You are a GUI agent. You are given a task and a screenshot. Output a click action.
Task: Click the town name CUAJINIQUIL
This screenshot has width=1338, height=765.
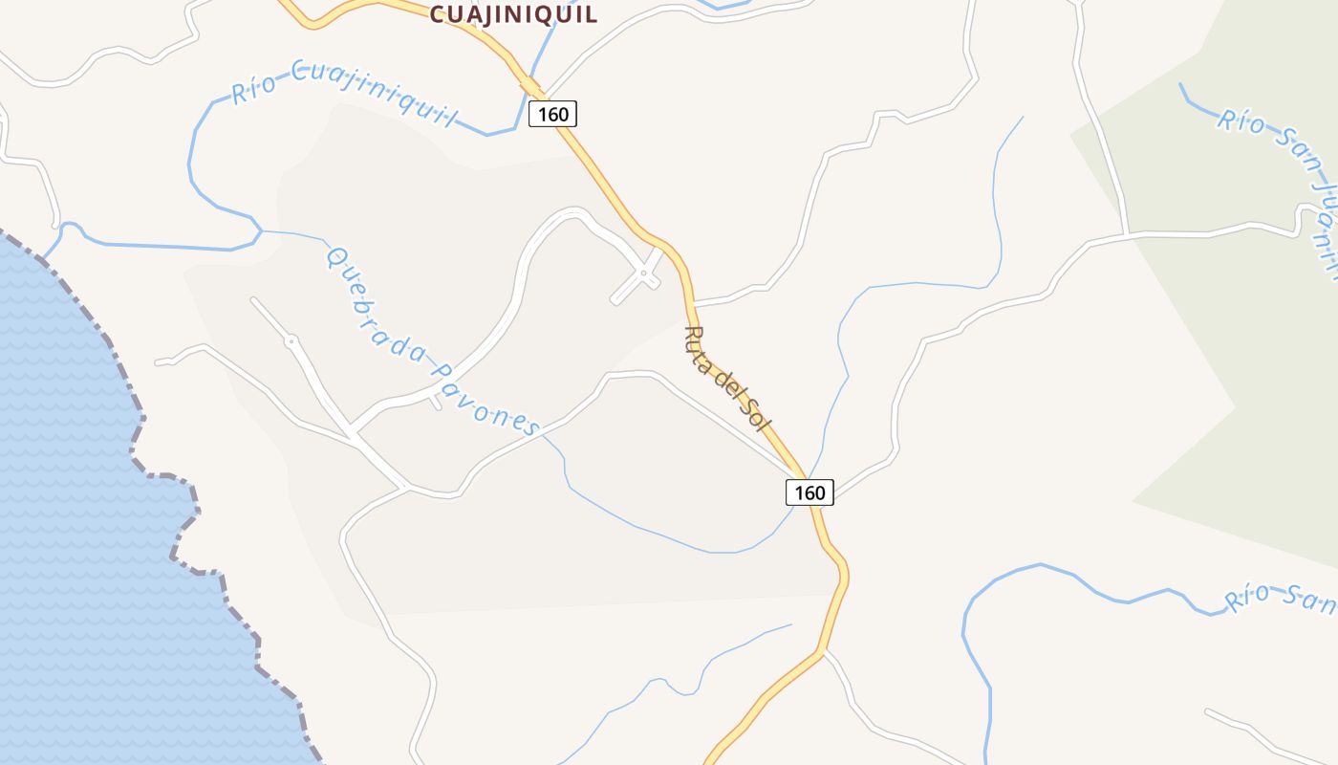(x=513, y=13)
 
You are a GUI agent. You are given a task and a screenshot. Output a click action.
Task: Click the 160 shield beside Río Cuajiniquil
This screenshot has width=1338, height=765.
(x=552, y=115)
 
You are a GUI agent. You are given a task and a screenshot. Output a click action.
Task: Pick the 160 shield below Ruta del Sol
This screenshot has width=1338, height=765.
(x=809, y=492)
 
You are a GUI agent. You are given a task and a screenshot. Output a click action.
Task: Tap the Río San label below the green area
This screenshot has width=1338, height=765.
(x=1281, y=597)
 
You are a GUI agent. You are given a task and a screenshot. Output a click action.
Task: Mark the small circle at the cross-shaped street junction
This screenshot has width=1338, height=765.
(x=644, y=273)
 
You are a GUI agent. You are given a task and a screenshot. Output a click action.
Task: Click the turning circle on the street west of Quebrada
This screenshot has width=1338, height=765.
(x=291, y=340)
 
